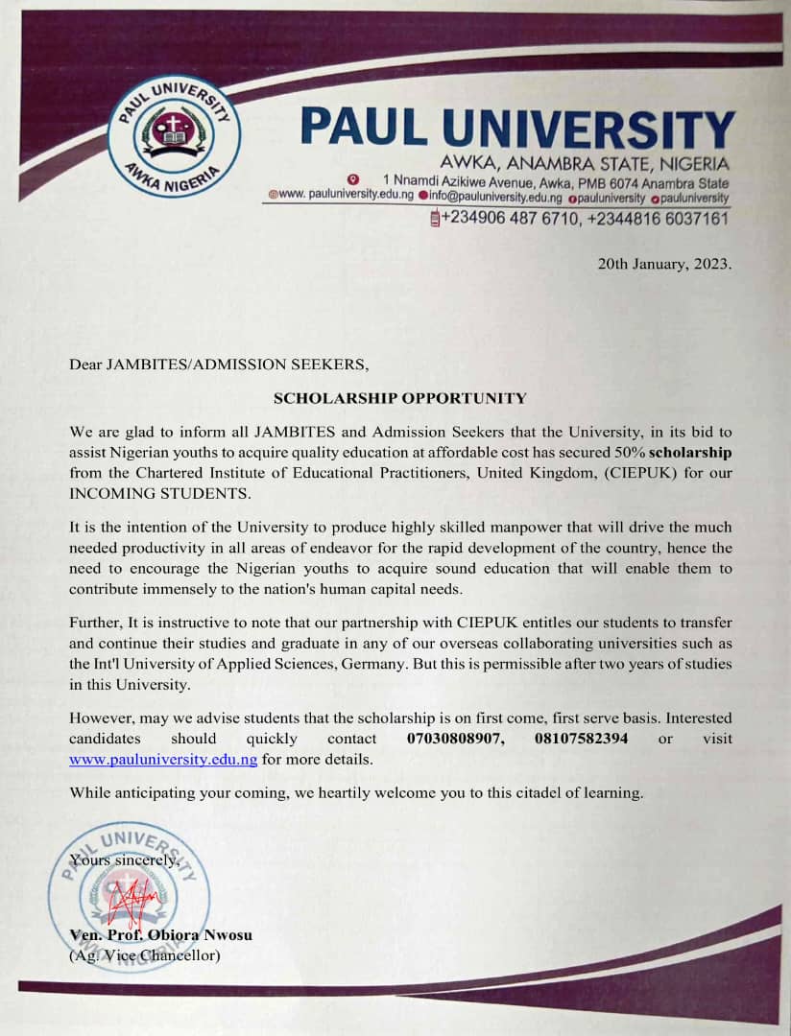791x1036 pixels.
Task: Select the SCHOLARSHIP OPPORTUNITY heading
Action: tap(400, 397)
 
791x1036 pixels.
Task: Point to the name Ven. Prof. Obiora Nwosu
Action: tap(161, 935)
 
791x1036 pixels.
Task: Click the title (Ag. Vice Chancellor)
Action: tap(145, 955)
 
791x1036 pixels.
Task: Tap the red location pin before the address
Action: tap(352, 179)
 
